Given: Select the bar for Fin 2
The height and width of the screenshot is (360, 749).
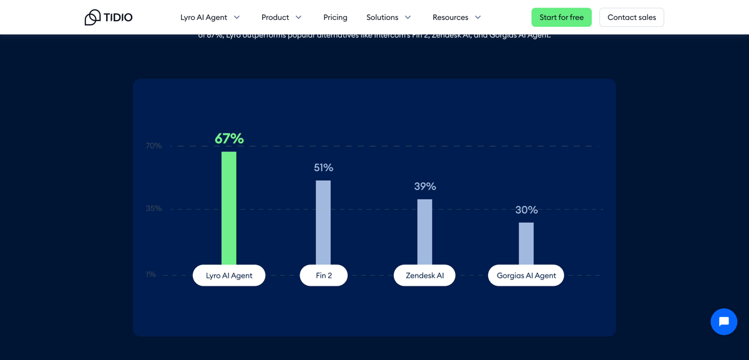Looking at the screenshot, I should click(323, 222).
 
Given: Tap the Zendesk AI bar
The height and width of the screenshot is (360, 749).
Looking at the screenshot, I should click(424, 231).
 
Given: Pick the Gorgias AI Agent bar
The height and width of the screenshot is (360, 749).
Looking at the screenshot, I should click(526, 243).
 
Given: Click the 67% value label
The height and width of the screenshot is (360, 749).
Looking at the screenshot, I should click(229, 138).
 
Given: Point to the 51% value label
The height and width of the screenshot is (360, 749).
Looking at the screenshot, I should click(323, 167).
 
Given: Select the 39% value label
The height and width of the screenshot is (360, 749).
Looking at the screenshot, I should click(425, 186).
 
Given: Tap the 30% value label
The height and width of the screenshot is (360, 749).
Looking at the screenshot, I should click(526, 210).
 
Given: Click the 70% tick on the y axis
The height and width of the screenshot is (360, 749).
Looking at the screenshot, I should click(154, 145).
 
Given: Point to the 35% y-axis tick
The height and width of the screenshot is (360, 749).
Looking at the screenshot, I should click(154, 208).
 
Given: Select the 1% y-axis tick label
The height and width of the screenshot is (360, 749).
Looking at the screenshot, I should click(151, 275).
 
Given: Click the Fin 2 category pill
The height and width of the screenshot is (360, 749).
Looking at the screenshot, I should click(323, 275).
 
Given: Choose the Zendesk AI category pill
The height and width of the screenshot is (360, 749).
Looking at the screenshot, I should click(424, 275).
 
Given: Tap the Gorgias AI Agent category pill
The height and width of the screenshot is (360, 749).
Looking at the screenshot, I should click(526, 275).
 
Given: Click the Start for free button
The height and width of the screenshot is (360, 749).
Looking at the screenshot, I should click(561, 17).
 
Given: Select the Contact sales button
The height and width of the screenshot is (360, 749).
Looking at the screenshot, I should click(632, 17).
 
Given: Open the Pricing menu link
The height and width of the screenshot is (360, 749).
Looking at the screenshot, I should click(335, 17).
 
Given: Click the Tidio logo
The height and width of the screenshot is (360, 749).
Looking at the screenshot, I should click(109, 17).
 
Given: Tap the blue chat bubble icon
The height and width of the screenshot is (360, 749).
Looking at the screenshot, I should click(724, 322).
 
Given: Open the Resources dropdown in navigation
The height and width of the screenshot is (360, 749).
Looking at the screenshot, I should click(456, 17).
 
